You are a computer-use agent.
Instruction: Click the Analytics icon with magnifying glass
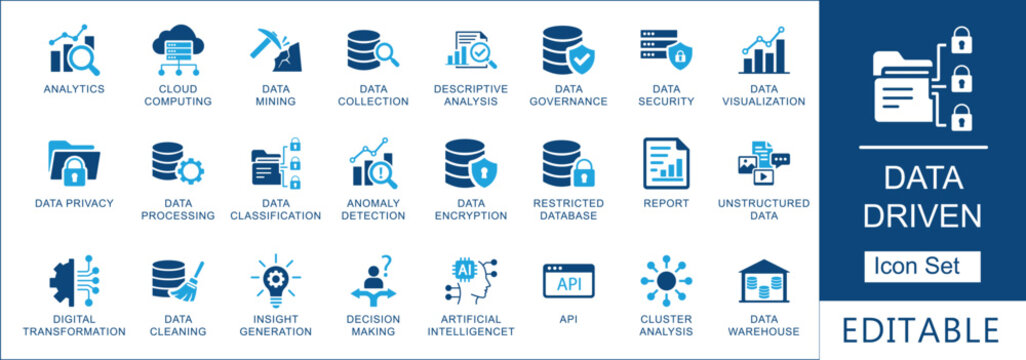click(x=74, y=53)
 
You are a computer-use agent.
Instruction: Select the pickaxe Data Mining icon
click(x=275, y=51)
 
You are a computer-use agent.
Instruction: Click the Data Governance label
click(x=568, y=95)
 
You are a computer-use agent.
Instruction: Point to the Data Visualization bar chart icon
click(x=762, y=52)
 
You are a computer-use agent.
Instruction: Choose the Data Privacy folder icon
click(x=74, y=163)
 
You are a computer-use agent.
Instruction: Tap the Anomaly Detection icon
click(x=373, y=164)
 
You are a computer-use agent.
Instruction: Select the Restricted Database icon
click(x=568, y=164)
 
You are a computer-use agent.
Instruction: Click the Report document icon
click(x=666, y=163)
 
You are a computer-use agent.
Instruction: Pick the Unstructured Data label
click(x=763, y=209)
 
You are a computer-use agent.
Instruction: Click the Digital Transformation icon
click(x=74, y=283)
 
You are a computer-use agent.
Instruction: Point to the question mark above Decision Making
click(x=386, y=263)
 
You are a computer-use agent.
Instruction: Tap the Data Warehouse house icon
click(x=763, y=283)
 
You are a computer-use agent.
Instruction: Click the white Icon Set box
click(x=922, y=267)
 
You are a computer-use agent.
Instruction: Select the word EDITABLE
click(x=922, y=330)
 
